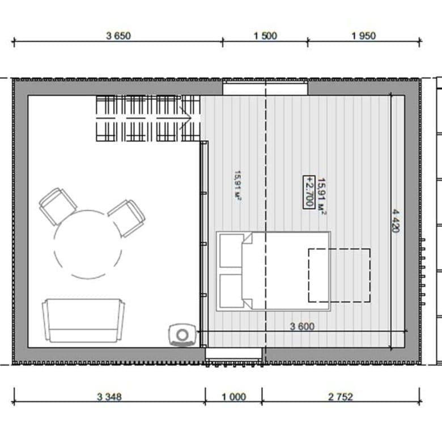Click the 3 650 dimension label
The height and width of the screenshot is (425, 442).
coord(118,36)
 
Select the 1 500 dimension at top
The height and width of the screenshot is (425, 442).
coord(265,36)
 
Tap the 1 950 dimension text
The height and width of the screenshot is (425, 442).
coord(364,36)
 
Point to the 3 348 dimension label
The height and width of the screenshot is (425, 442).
coord(109,397)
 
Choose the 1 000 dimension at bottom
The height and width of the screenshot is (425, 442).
coord(234,397)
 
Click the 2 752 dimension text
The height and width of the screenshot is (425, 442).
coord(341,397)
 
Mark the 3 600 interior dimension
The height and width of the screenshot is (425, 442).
coord(302,326)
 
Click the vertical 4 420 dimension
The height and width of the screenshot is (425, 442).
coord(396,220)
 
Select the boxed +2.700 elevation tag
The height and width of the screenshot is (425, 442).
coord(309,192)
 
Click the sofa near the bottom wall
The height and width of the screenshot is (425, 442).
coord(83,320)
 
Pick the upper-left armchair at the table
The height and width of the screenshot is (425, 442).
coord(58,206)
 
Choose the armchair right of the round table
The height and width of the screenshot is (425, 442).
coord(126,218)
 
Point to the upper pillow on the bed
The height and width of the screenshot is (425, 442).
coord(231,250)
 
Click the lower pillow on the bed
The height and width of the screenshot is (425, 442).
coord(231,291)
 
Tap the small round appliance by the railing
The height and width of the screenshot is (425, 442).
coord(182,334)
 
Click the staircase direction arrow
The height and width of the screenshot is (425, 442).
coord(185,118)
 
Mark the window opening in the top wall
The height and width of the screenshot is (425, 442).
coord(265,87)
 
